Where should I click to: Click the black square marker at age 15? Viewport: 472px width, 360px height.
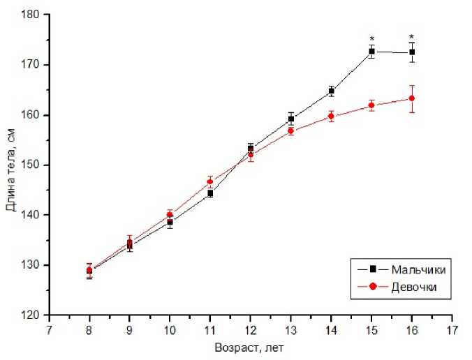point(371,52)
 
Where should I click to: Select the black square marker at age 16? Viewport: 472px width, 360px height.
point(412,52)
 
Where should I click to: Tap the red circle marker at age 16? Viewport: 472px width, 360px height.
point(412,98)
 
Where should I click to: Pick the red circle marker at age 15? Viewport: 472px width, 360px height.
point(371,105)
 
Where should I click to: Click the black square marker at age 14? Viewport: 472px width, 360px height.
point(332,91)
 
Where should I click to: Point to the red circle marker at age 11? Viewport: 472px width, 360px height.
point(210,181)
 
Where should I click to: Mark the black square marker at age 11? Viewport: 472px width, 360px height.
point(210,193)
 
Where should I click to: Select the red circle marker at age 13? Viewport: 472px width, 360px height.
point(291,130)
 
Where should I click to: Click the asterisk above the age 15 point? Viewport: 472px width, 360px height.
point(372,39)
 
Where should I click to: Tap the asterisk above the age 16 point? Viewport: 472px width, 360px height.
point(412,38)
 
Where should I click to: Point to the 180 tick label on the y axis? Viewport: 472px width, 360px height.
point(32,15)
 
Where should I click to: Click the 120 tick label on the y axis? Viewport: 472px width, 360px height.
point(32,315)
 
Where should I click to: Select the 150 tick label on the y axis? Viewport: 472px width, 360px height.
point(32,165)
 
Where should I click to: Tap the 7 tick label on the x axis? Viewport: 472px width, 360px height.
point(49,328)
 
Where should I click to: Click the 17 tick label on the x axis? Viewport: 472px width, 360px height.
point(452,328)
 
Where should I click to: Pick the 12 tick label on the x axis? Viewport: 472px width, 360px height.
point(250,328)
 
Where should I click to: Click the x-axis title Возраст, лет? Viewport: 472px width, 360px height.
point(250,345)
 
